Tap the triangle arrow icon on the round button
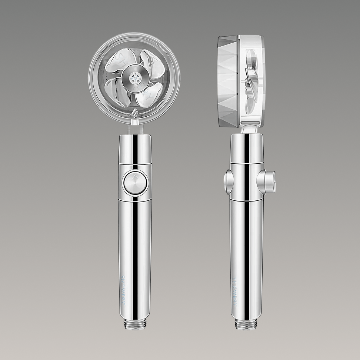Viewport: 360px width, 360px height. pyautogui.click(x=135, y=177)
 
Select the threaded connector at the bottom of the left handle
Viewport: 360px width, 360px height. pyautogui.click(x=135, y=323)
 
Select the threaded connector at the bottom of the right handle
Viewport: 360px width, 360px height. pyautogui.click(x=246, y=323)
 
